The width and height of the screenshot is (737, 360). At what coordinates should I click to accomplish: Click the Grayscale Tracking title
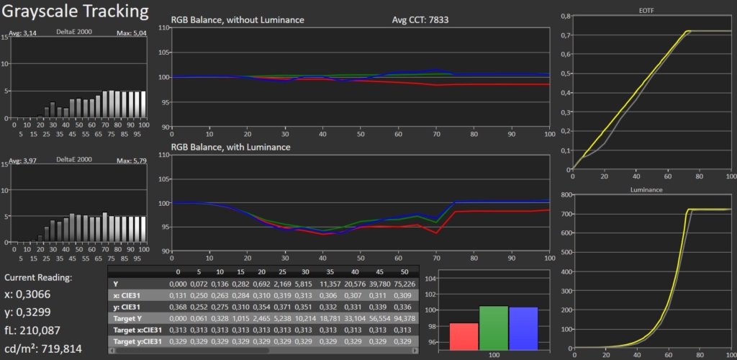pos(76,12)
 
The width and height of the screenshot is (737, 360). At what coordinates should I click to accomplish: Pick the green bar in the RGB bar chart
pos(494,328)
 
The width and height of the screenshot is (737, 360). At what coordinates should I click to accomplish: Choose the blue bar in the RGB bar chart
pos(523,329)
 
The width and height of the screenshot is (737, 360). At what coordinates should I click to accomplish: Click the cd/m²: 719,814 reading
pos(43,348)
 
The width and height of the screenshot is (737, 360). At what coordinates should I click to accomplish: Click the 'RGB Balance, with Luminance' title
pos(230,147)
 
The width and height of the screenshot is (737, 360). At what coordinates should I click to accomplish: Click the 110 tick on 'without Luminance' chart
pos(163,27)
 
